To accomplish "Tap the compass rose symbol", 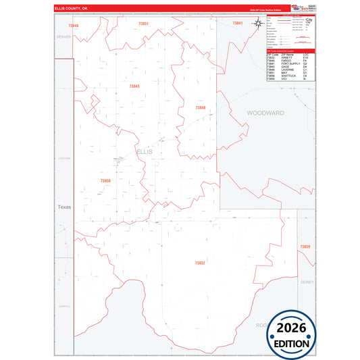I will (259, 24).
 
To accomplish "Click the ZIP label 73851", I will (143, 24).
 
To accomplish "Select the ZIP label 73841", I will (237, 24).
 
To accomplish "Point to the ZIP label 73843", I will (134, 86).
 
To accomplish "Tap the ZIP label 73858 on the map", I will (105, 181).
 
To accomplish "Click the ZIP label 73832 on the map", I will (199, 263).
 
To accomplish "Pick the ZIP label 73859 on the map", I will (305, 247).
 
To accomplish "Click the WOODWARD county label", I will (265, 113).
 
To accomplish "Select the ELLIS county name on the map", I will (145, 152).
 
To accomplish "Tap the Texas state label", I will (64, 207).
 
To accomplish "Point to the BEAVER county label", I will (64, 36).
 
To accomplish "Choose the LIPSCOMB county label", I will (64, 158).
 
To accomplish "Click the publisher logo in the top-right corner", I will (297, 7).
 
